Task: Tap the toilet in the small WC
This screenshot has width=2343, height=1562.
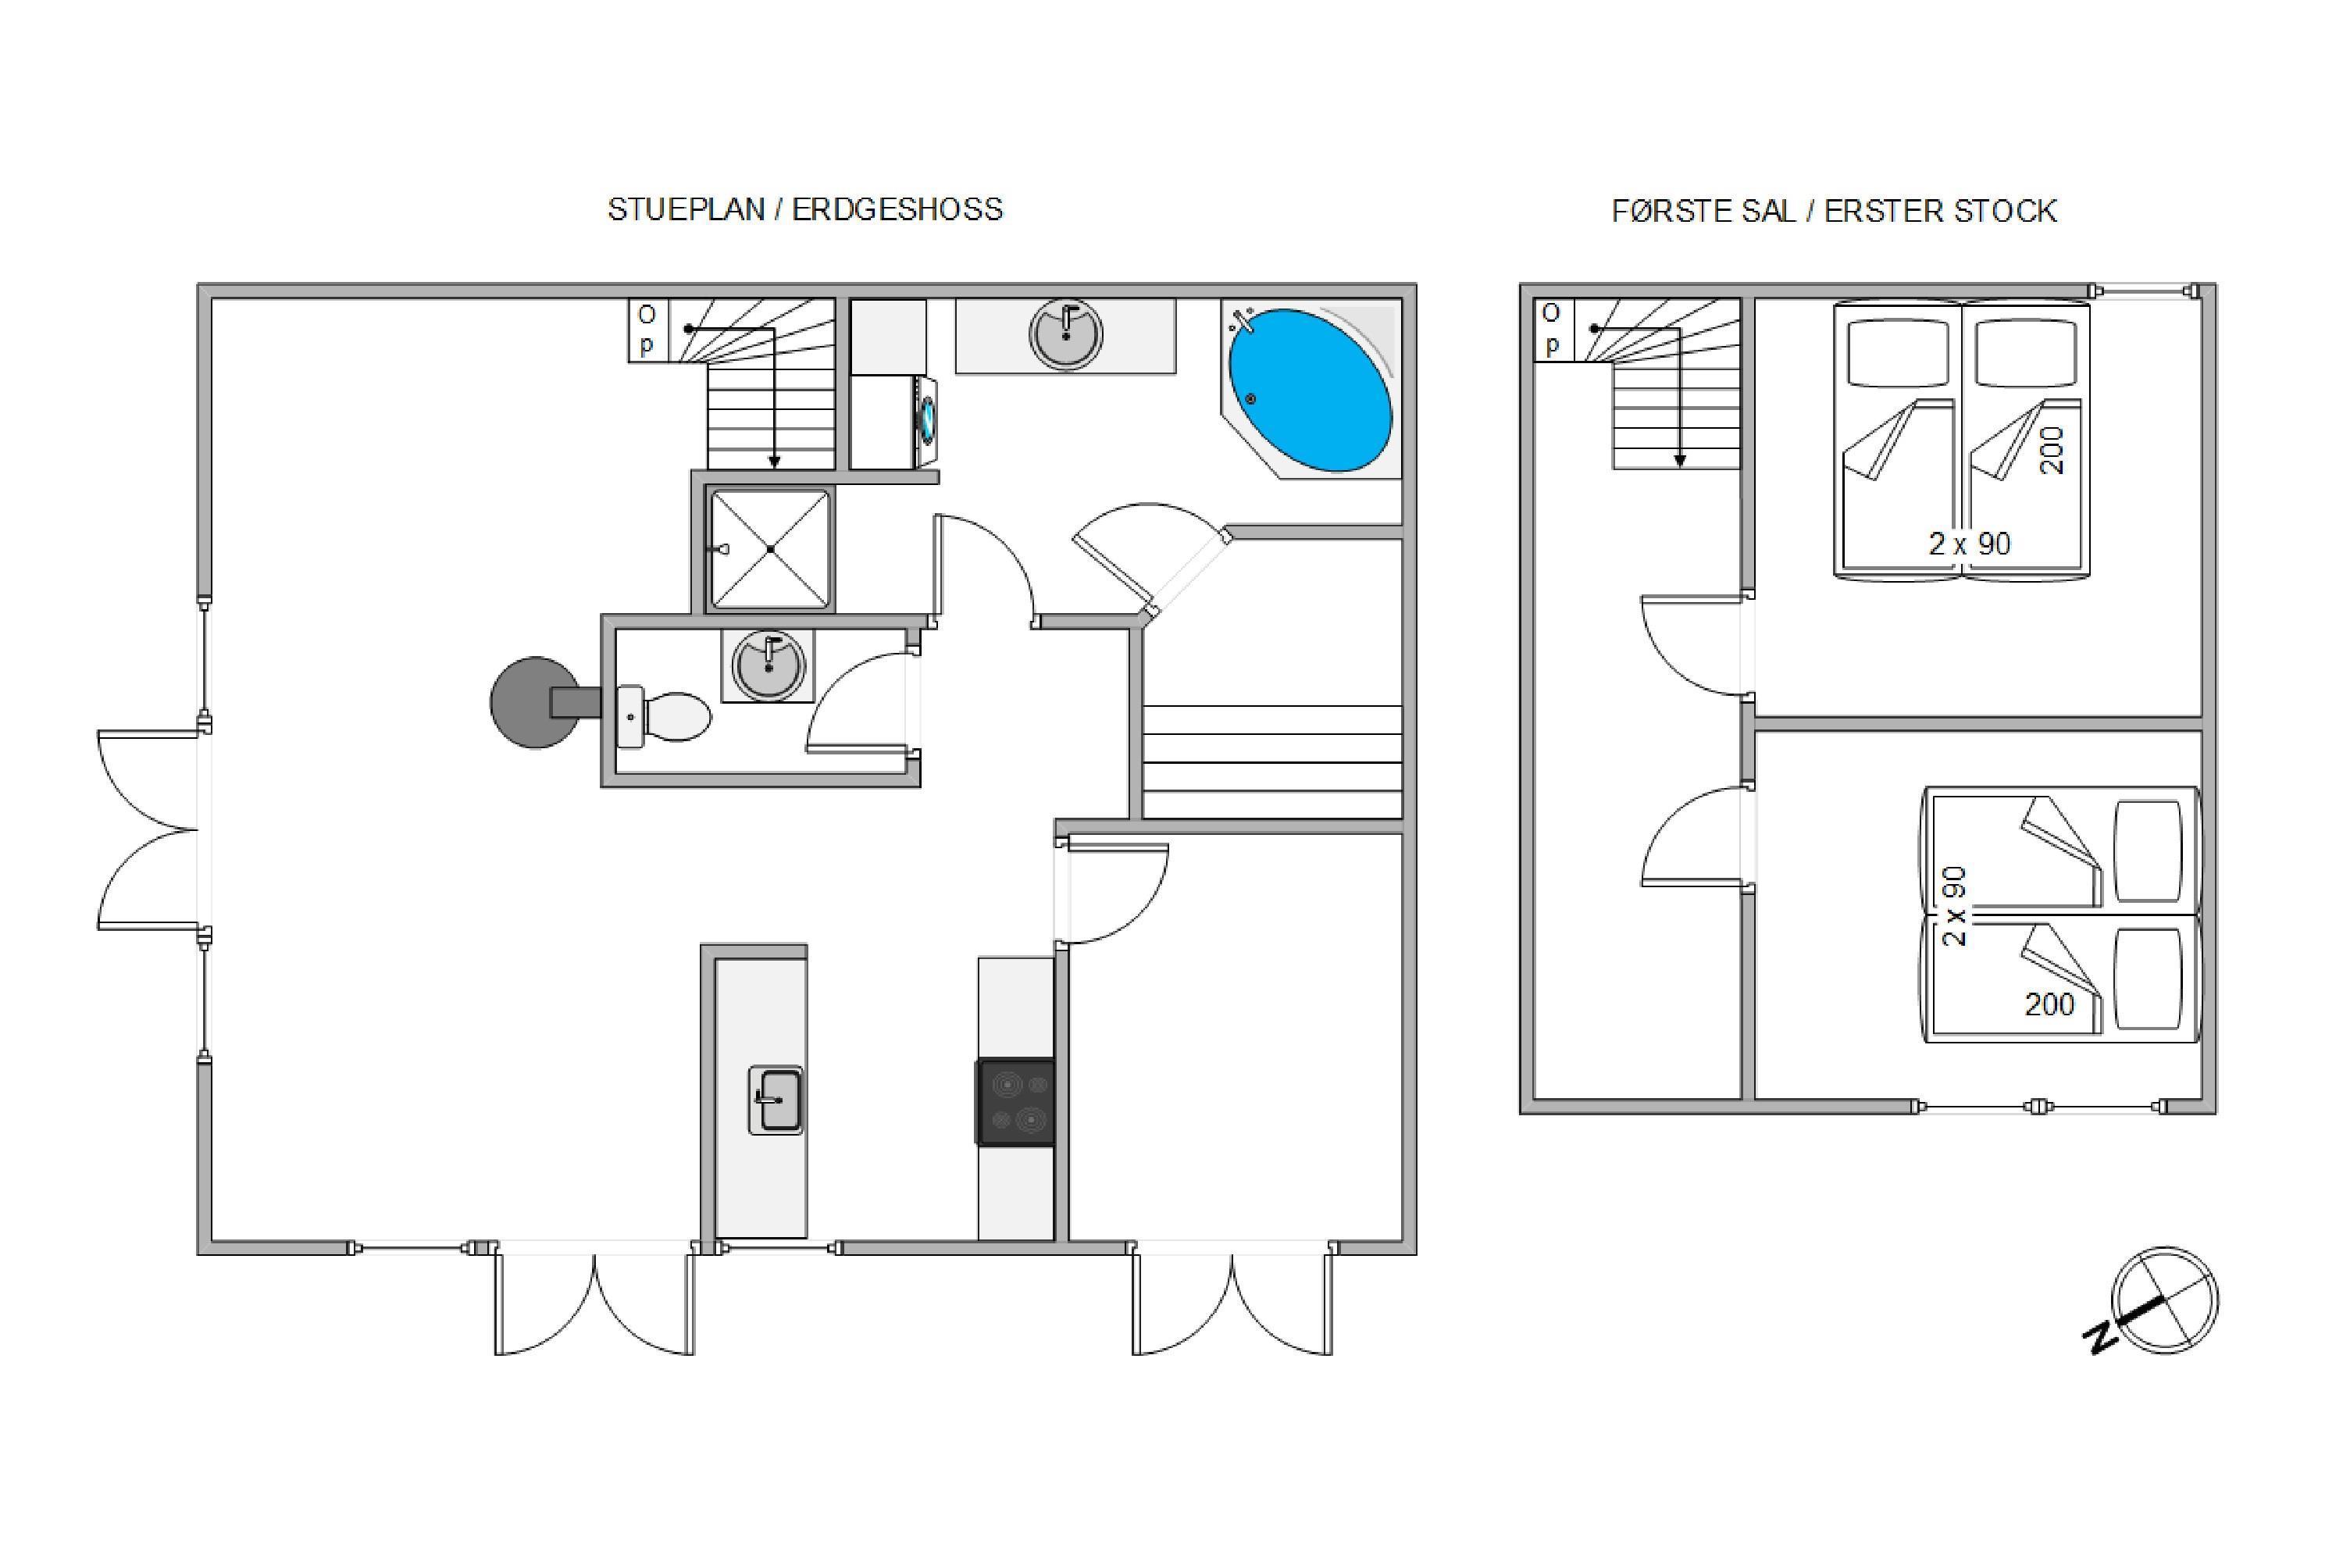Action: (665, 716)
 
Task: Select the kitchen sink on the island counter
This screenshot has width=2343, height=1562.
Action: (776, 1100)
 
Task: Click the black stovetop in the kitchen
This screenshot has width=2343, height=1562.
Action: (1015, 1102)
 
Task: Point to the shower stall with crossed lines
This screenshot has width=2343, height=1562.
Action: (769, 549)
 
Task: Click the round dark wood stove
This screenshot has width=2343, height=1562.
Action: (536, 701)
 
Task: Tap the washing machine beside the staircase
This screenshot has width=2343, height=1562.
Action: (893, 422)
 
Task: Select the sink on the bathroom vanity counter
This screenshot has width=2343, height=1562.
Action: (1066, 336)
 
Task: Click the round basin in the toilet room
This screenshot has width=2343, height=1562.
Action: (768, 666)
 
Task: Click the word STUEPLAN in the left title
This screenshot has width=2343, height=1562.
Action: (686, 209)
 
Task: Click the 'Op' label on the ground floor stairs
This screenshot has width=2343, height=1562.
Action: (647, 330)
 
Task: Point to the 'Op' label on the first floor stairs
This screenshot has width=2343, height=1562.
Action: (1551, 329)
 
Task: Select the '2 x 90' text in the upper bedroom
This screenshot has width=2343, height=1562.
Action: (1970, 544)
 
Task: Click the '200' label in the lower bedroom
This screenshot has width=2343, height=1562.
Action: (2049, 1004)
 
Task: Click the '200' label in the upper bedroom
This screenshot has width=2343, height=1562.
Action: (2051, 451)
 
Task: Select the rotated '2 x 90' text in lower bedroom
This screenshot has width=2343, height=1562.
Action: (1955, 907)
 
